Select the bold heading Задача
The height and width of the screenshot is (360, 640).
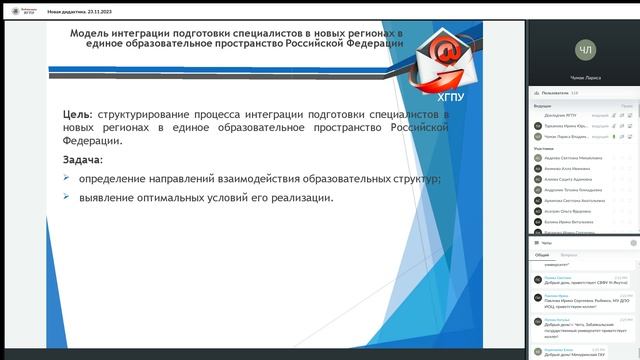tap(82, 159)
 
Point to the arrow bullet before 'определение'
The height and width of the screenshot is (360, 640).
tap(66, 178)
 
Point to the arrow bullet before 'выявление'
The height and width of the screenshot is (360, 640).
tap(66, 197)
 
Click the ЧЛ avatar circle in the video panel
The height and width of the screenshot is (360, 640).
tap(586, 48)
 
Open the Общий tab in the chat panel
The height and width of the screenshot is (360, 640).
tap(541, 255)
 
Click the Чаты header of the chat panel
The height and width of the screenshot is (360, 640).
tap(546, 243)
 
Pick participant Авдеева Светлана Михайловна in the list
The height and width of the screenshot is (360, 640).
tap(573, 157)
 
